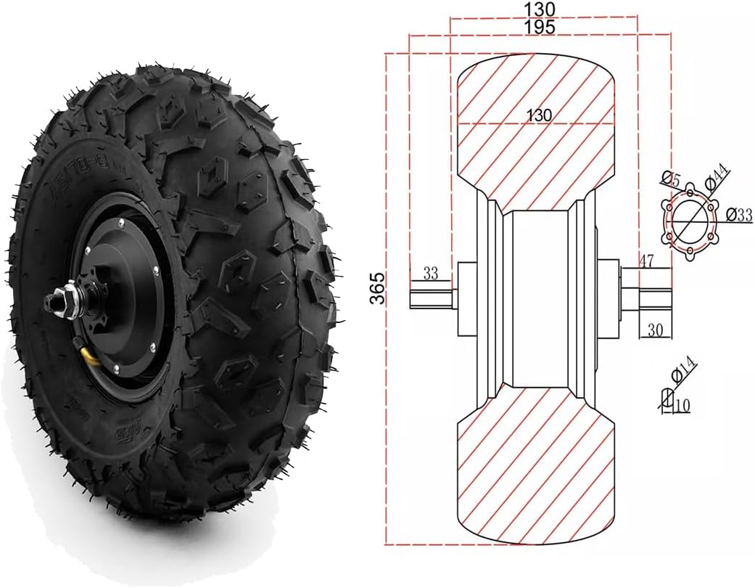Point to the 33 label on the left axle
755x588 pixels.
(431, 274)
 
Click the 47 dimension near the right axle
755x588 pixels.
(648, 261)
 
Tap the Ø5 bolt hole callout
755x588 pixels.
(671, 178)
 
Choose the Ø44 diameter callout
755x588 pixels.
(717, 176)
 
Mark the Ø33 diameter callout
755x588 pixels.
(739, 215)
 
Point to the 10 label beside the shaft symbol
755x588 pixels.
(682, 407)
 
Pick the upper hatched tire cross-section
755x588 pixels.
(537, 127)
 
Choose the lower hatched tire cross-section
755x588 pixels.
(537, 465)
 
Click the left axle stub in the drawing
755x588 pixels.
(433, 298)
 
